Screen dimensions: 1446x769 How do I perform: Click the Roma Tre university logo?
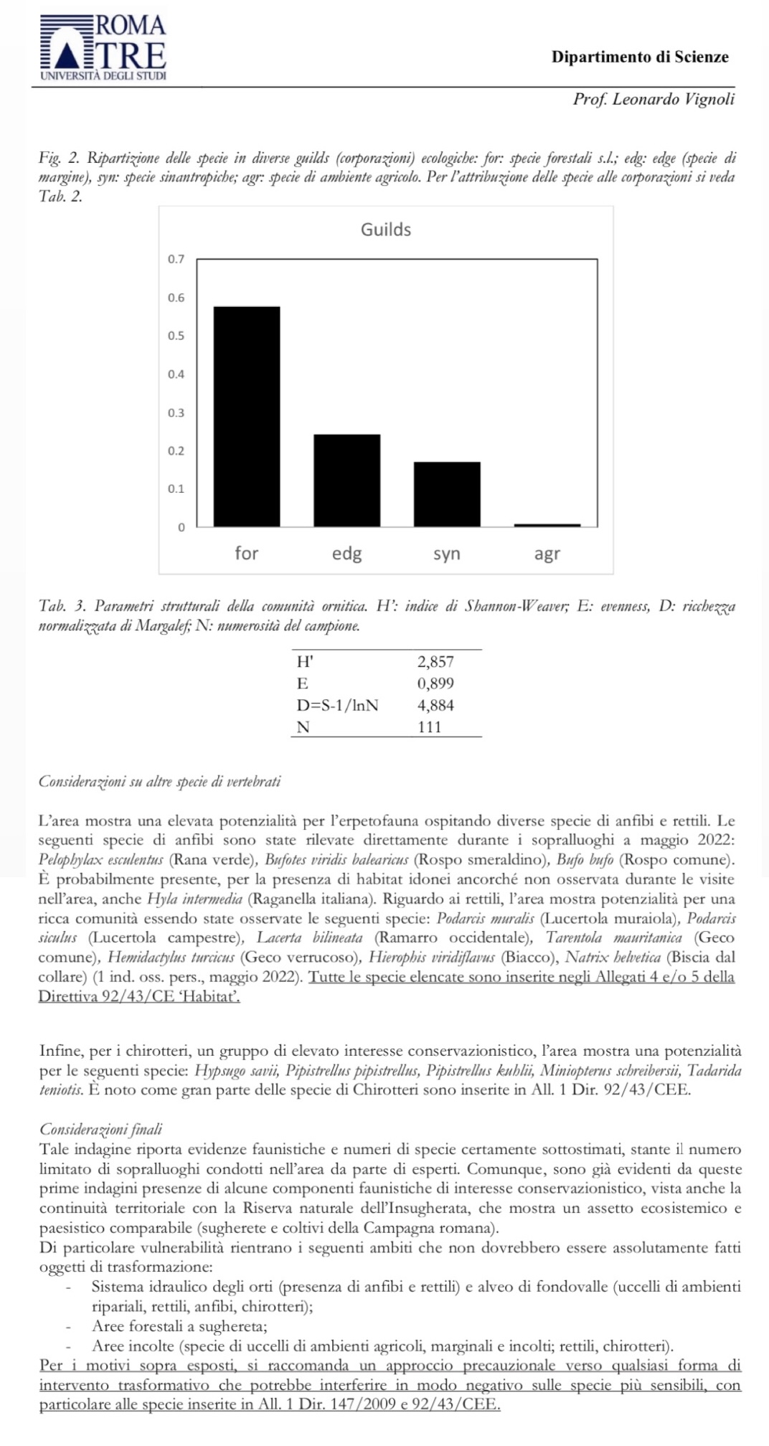103,47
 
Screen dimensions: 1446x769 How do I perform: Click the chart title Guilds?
386,230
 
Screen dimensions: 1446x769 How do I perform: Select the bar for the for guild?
247,416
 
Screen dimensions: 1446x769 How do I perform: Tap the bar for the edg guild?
347,480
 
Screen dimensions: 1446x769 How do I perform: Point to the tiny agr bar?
547,525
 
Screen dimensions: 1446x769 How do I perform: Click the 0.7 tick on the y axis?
176,259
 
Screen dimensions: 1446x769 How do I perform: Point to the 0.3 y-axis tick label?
176,412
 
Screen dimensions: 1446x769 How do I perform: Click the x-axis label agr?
547,553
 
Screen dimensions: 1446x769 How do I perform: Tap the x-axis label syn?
447,553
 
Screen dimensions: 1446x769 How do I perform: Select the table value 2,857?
435,662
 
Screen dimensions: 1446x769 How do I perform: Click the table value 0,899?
435,684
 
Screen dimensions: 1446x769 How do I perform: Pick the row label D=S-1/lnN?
337,705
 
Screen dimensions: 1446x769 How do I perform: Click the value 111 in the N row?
430,727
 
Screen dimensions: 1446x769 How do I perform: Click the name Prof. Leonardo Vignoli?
654,100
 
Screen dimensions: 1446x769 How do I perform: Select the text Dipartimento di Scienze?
640,57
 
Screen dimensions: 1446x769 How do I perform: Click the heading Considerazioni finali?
101,1130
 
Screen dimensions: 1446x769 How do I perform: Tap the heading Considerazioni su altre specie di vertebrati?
159,782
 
